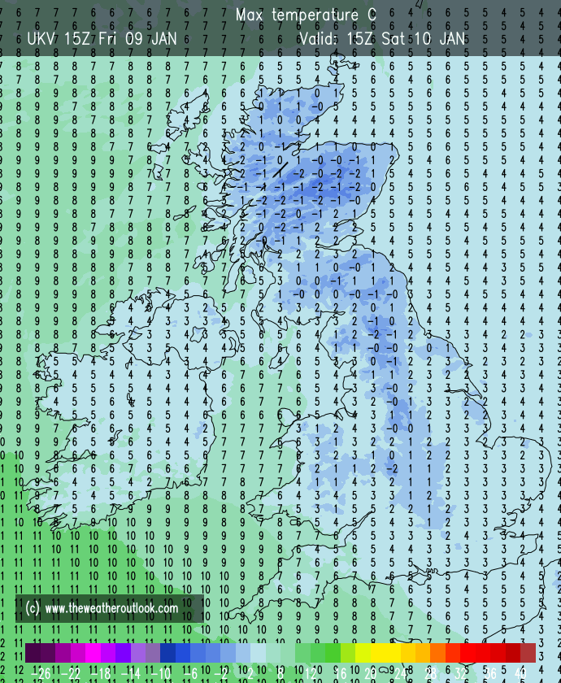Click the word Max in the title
250,15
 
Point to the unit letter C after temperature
372,15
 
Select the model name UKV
41,38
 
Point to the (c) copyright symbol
33,607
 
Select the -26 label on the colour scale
38,672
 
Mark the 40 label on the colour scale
520,672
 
